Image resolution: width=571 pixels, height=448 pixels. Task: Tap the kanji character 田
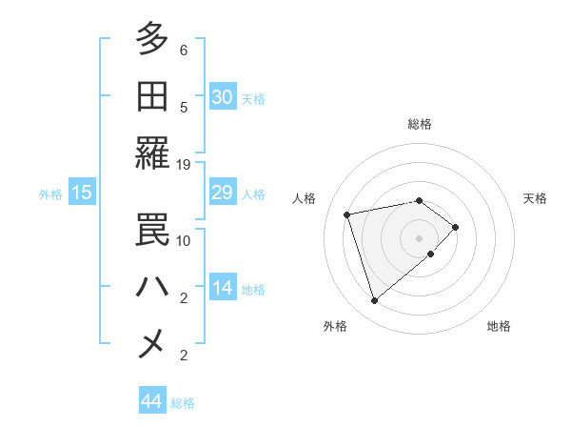[152, 96]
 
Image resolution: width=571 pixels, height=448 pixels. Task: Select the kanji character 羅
[152, 153]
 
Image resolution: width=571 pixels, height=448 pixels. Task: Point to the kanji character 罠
[152, 230]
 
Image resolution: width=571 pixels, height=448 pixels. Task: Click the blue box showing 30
[222, 97]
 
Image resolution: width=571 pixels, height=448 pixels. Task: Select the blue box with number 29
[222, 193]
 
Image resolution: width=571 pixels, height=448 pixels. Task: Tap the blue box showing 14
[222, 289]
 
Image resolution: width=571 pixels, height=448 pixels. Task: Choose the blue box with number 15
[81, 193]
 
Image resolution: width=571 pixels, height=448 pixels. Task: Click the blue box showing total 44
[151, 401]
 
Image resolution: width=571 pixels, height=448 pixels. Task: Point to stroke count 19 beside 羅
[185, 164]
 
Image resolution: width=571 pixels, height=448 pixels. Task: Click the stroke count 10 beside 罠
[185, 241]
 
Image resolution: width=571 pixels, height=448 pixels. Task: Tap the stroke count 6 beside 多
[184, 50]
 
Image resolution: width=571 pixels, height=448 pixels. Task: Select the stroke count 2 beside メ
[184, 356]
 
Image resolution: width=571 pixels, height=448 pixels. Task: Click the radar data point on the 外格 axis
[374, 301]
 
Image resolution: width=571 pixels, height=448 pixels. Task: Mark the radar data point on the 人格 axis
[348, 214]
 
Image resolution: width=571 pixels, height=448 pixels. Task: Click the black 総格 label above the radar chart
[419, 124]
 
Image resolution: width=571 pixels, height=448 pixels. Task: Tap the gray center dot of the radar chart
[419, 237]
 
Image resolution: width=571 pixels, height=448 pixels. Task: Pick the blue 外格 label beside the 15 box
[50, 194]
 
